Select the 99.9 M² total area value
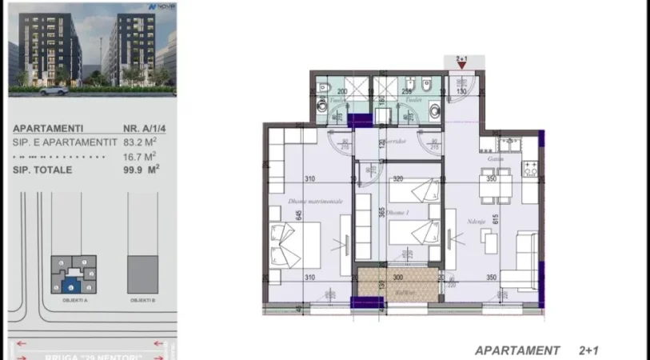[x=138, y=169]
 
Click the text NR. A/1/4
[x=138, y=127]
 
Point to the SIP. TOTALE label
[x=42, y=169]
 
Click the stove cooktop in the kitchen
[x=531, y=169]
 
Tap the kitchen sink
[x=507, y=144]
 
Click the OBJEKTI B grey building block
[x=142, y=274]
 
